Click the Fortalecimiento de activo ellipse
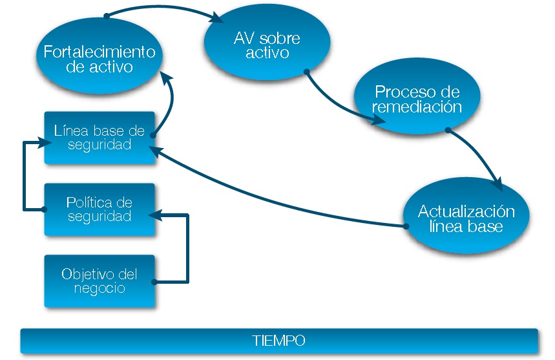(x=99, y=58)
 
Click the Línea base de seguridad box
(x=99, y=137)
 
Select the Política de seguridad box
(x=99, y=209)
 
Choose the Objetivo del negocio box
(x=99, y=281)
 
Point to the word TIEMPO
(x=278, y=341)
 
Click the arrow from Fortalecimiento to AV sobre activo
(x=162, y=8)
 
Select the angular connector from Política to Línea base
(x=25, y=175)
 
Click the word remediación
(x=417, y=107)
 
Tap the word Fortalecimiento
(x=99, y=51)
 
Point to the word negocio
(x=99, y=288)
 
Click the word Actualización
(x=466, y=211)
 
